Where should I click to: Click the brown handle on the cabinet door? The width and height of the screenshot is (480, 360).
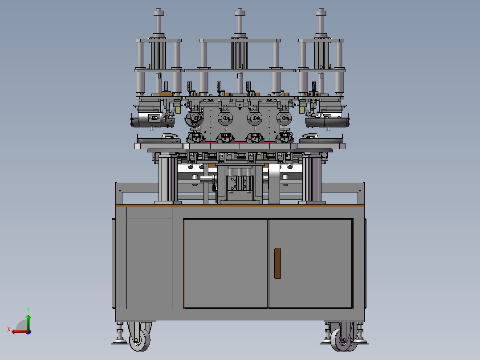point(277,263)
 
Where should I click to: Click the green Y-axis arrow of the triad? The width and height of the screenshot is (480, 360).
point(28,322)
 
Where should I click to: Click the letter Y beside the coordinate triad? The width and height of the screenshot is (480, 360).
point(28,310)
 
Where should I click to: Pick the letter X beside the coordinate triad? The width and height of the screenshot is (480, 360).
point(9,329)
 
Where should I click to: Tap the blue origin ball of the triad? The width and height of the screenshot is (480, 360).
point(28,332)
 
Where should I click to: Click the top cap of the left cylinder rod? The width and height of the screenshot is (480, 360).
point(159,12)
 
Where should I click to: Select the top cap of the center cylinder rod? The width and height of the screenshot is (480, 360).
point(240,12)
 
